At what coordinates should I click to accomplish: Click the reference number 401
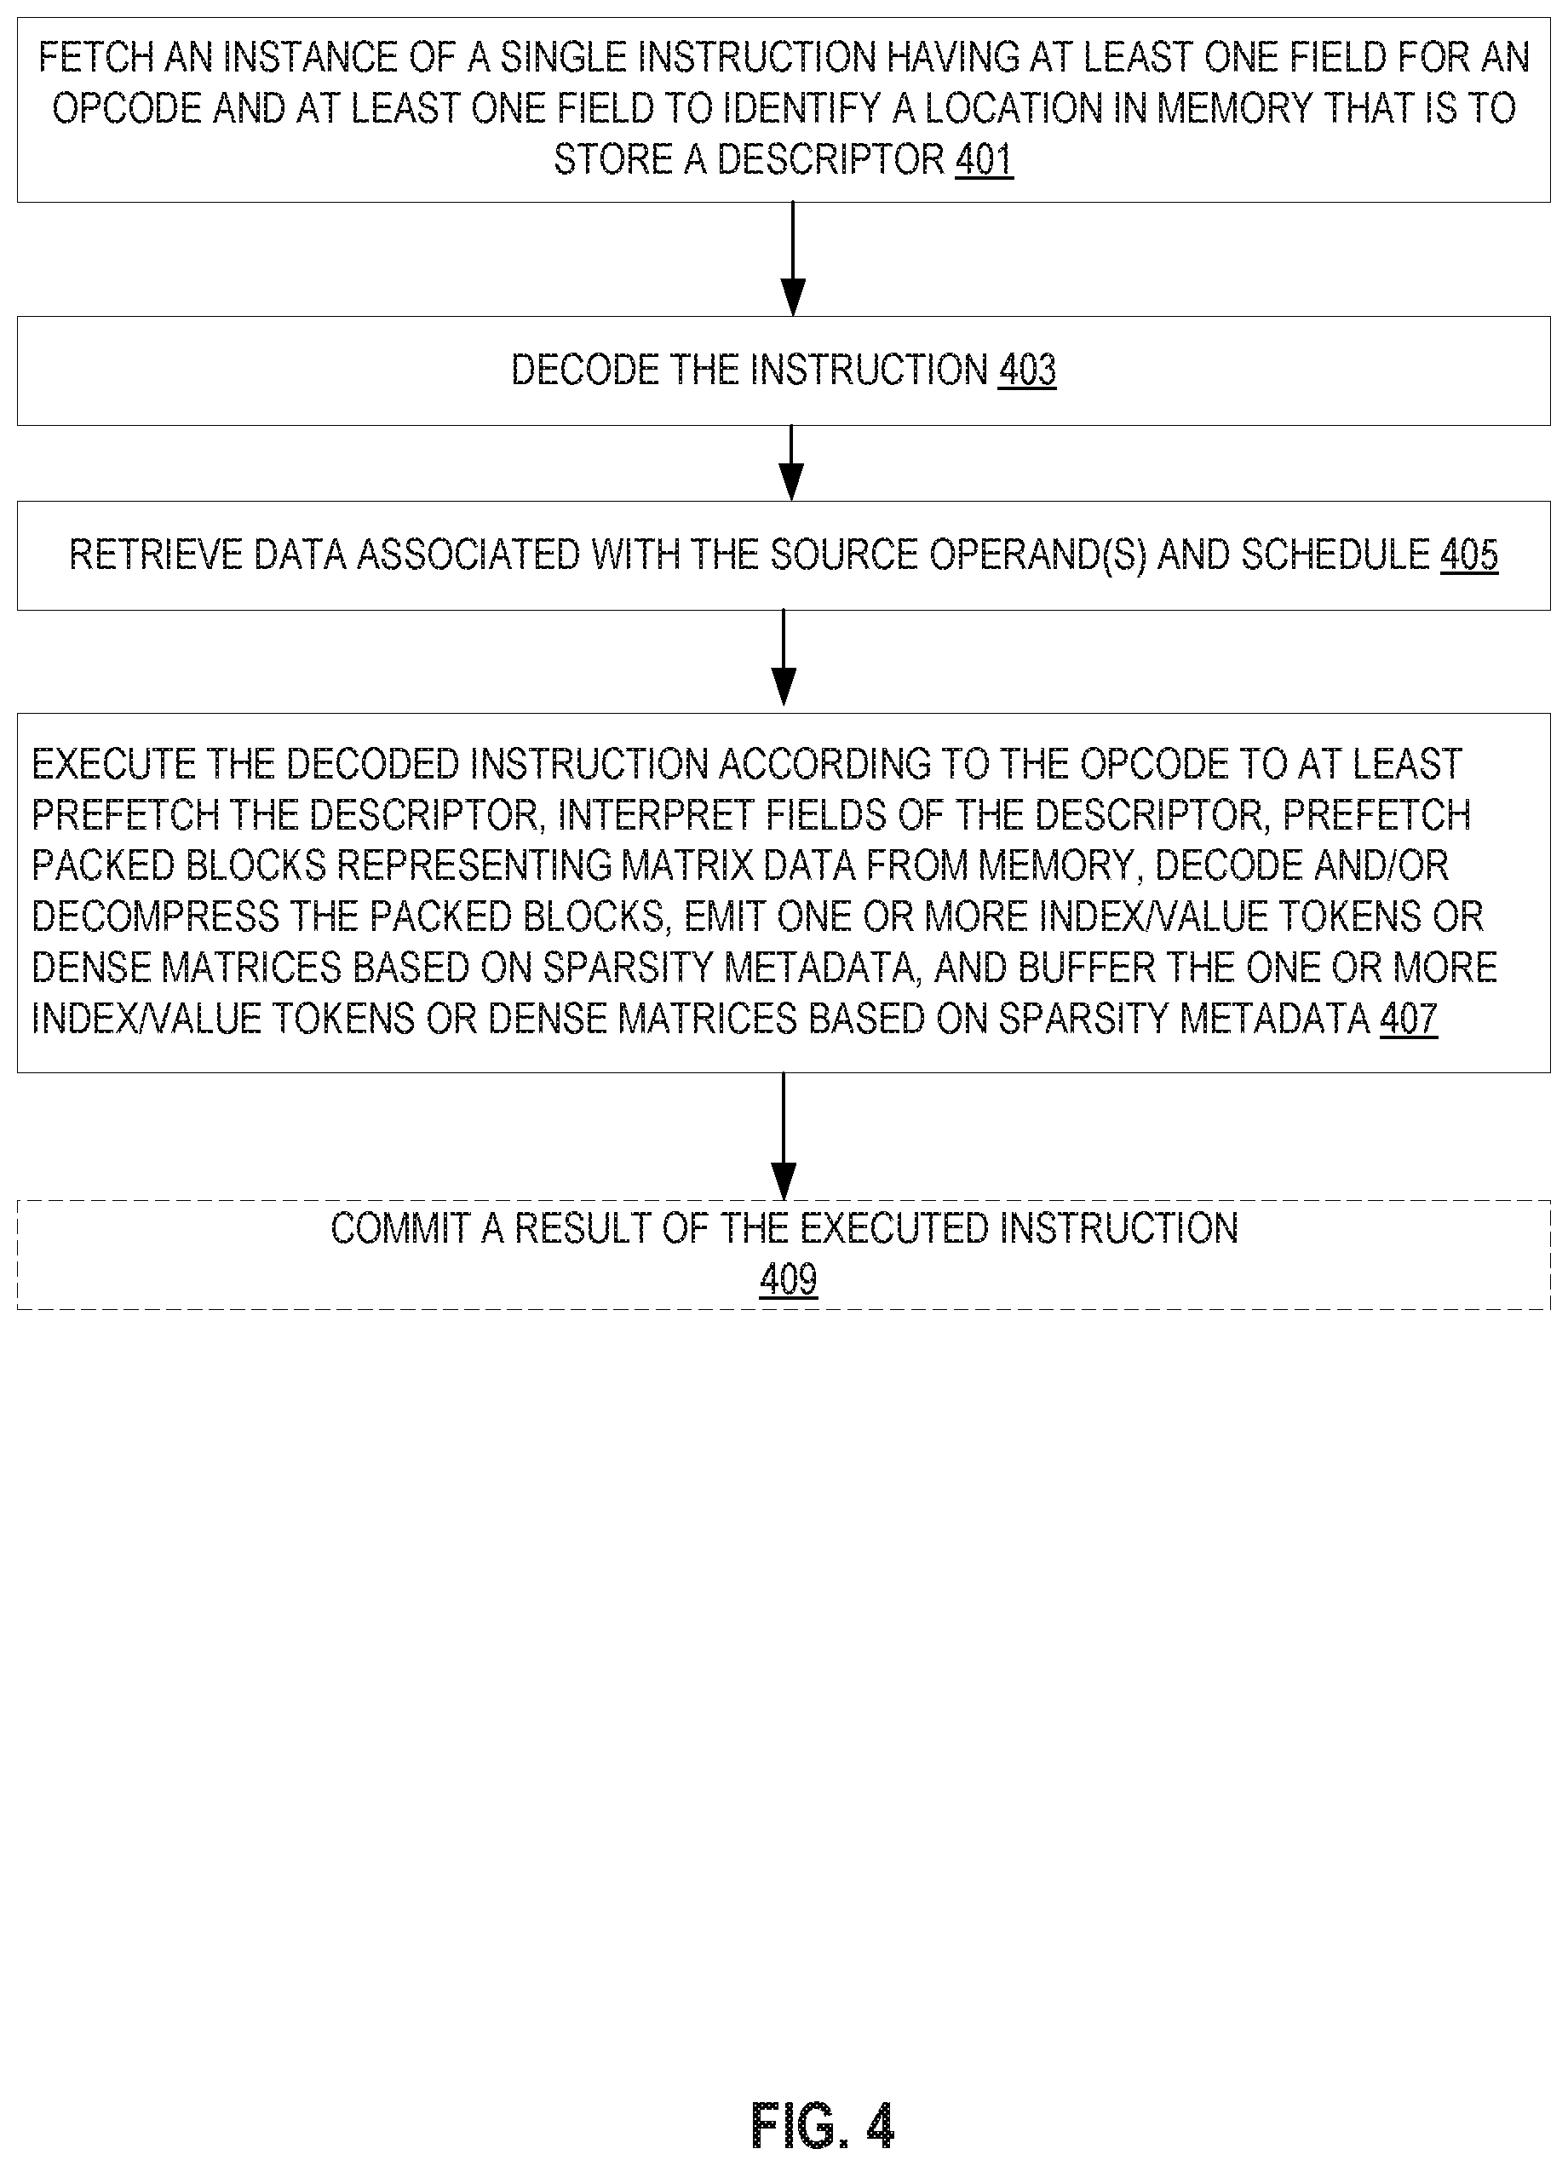coord(984,158)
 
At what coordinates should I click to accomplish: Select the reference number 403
coord(1027,370)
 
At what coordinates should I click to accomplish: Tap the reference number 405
coord(1468,554)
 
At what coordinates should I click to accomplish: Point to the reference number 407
coord(1409,1019)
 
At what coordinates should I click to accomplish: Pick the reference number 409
coord(789,1278)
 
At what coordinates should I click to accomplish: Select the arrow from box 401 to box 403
coord(793,259)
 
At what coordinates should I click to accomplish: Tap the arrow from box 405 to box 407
coord(783,658)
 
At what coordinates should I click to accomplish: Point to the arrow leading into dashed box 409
coord(783,1136)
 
